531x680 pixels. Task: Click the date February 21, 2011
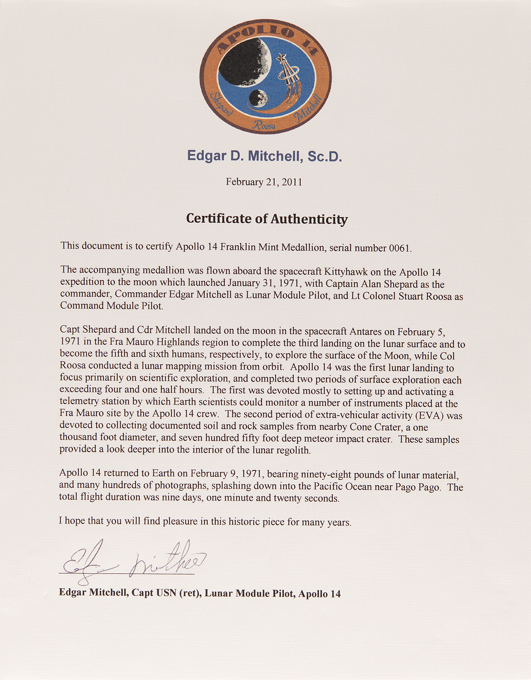264,182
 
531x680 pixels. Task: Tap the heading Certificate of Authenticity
267,219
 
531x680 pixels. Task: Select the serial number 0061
399,248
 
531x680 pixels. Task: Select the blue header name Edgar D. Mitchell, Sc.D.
264,157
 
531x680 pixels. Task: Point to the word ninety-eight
293,474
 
